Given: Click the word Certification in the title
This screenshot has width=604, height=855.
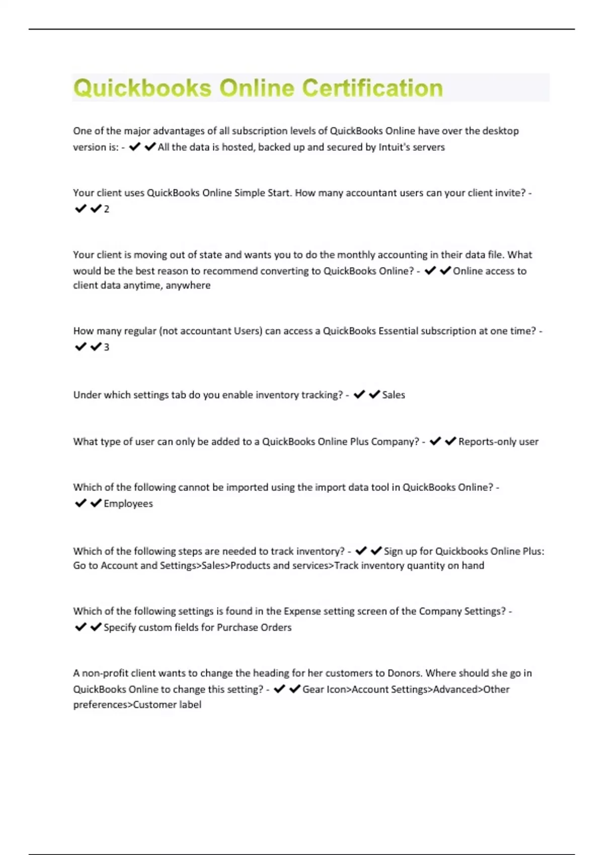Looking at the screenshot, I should coord(372,88).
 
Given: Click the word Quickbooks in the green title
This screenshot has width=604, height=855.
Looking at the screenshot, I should coord(142,88).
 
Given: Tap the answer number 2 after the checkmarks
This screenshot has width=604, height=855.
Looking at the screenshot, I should coord(106,209).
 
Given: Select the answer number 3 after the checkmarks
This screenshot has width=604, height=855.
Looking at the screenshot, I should coord(106,347).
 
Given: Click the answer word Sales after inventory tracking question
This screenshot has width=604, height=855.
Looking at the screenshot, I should coord(393,395).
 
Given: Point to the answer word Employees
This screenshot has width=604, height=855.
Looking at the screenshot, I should coord(128,503).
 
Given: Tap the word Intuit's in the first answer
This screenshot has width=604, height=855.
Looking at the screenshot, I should coord(393,147).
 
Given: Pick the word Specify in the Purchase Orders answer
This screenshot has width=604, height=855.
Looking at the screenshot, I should coord(119,628).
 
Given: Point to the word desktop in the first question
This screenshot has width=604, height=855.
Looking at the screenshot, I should coord(500,131).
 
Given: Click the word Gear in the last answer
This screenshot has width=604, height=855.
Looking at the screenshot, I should coord(313,690).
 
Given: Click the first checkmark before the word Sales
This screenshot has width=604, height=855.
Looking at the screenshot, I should coord(359,395).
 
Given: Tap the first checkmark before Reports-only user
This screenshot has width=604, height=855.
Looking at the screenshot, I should coord(435,441).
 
